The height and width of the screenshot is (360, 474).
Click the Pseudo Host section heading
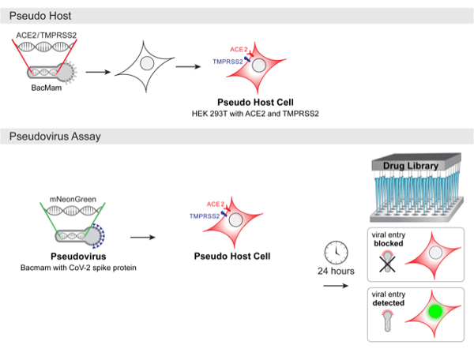(35, 14)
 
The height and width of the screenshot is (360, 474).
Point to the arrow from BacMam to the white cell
(96, 72)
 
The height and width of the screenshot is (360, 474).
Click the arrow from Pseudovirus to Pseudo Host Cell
(141, 235)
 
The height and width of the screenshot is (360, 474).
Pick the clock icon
(336, 250)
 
